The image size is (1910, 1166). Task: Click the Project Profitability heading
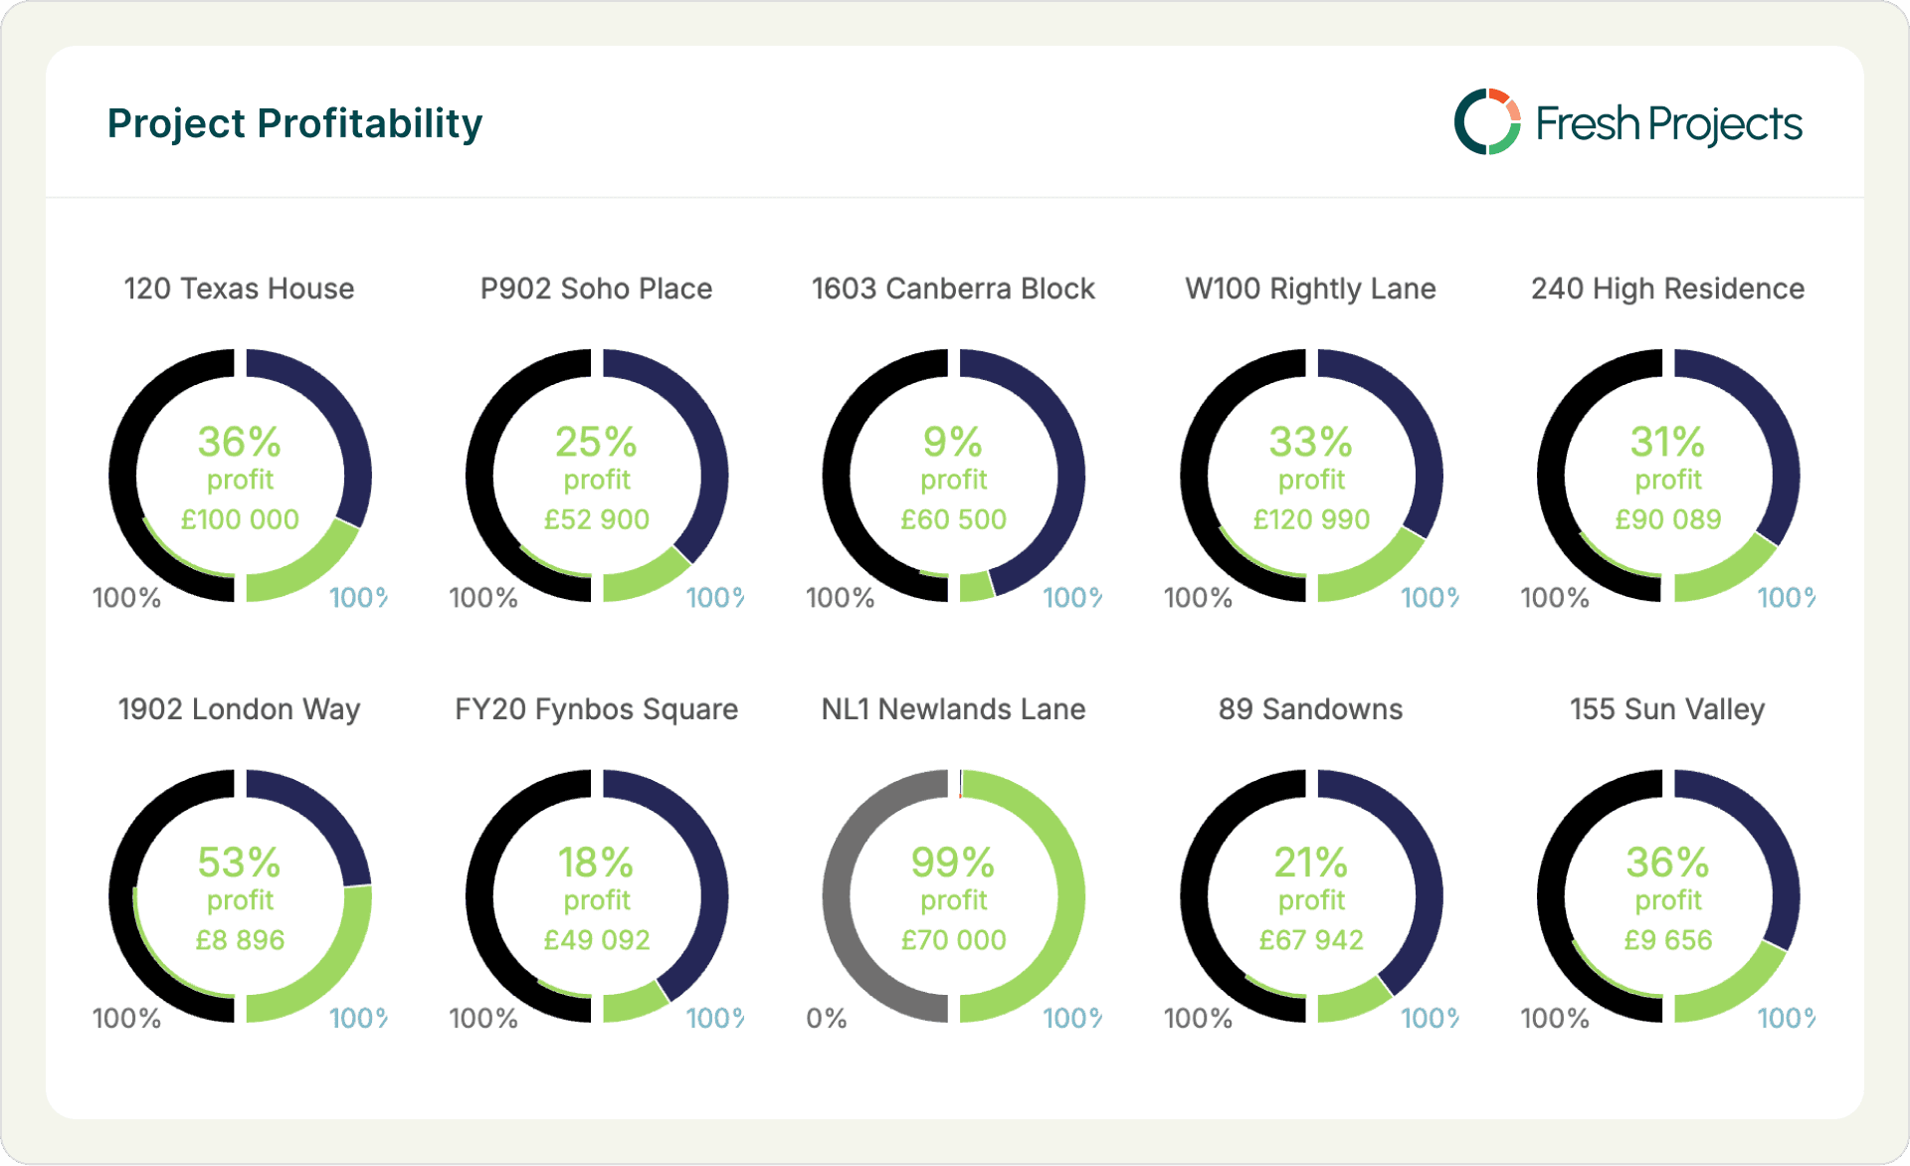point(294,123)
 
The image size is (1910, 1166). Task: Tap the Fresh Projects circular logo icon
point(1486,122)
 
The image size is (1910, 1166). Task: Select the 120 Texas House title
point(239,289)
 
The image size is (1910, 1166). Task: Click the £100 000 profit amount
point(240,519)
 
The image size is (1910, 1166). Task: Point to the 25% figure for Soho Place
point(596,442)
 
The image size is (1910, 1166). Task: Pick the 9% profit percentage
point(952,442)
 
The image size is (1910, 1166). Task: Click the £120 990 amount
point(1311,519)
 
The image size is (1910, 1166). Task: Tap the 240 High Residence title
point(1667,289)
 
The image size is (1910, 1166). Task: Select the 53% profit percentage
point(239,863)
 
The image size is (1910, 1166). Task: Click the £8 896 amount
point(240,940)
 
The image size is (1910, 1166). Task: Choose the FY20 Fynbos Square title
point(596,709)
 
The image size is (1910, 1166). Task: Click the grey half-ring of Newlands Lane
point(838,895)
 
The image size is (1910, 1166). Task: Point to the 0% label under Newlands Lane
point(826,1018)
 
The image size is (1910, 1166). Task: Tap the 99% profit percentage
point(952,863)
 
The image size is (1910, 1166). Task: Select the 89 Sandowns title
point(1310,709)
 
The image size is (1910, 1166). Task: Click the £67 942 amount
point(1311,940)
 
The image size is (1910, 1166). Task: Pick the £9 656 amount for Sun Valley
point(1668,940)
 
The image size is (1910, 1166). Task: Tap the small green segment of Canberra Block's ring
point(976,587)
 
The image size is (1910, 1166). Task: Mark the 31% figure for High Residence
point(1667,442)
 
